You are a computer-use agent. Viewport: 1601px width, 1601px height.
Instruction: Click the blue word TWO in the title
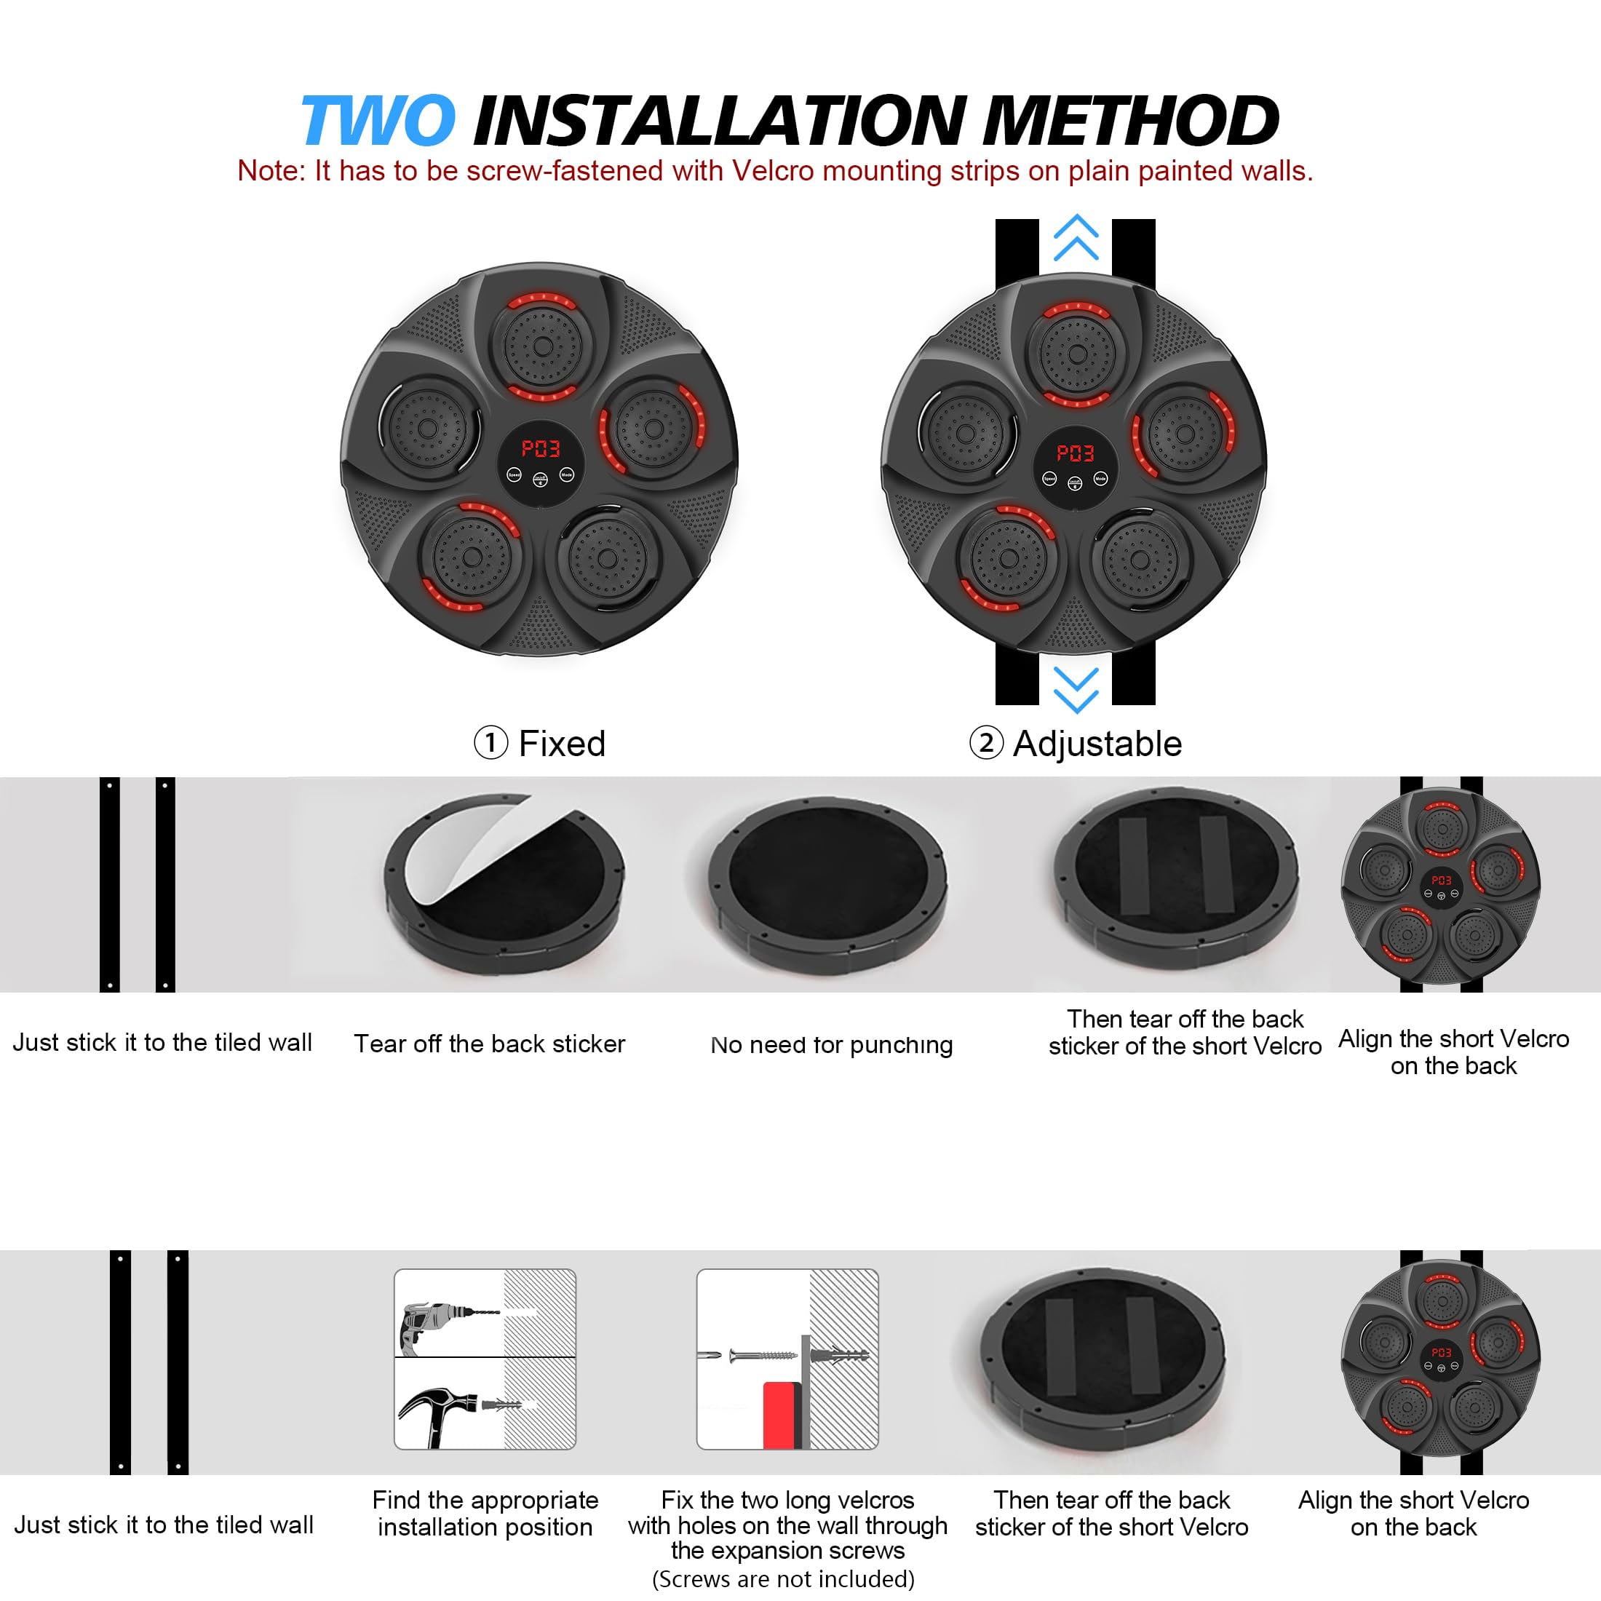[378, 120]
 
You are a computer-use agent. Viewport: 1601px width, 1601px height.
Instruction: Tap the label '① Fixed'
[539, 743]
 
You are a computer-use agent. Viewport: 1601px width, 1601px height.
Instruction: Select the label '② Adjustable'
[1076, 743]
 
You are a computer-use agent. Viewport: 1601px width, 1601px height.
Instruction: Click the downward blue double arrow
[1076, 691]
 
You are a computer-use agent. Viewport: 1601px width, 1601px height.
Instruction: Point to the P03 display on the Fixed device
[540, 449]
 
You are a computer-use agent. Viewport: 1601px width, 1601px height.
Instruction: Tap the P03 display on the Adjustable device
[1076, 453]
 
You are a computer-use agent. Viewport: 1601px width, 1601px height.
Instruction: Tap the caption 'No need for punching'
[831, 1045]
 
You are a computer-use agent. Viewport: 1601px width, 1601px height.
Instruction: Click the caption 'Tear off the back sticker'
[489, 1044]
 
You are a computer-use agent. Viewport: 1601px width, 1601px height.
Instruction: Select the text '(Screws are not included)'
[783, 1578]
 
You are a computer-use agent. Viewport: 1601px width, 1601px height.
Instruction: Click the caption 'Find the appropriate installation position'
[485, 1513]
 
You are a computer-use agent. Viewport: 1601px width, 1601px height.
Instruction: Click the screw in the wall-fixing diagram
[763, 1356]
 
